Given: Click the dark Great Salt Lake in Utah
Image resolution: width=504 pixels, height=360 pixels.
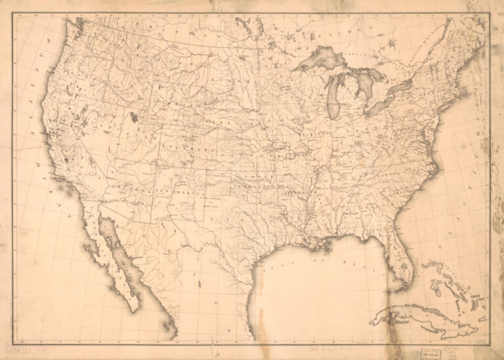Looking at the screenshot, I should click(135, 118).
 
